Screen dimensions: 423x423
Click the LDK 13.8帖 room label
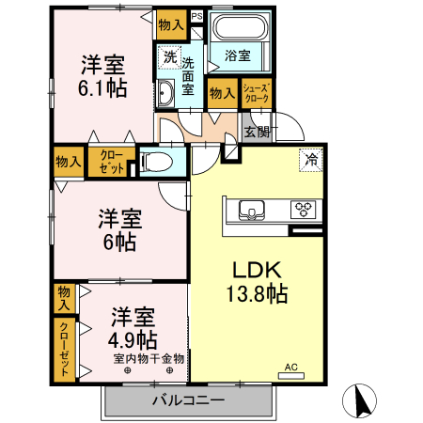coord(254,280)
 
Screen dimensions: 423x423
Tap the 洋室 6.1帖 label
coord(102,76)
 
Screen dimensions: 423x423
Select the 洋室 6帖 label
coord(120,230)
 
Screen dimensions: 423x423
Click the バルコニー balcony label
coord(188,400)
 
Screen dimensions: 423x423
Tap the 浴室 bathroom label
coord(238,55)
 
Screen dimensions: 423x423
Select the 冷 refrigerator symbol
coord(309,161)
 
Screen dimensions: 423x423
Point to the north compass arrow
coord(360,401)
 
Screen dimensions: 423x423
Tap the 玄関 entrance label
coord(257,133)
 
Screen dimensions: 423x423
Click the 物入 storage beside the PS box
coord(171,24)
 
